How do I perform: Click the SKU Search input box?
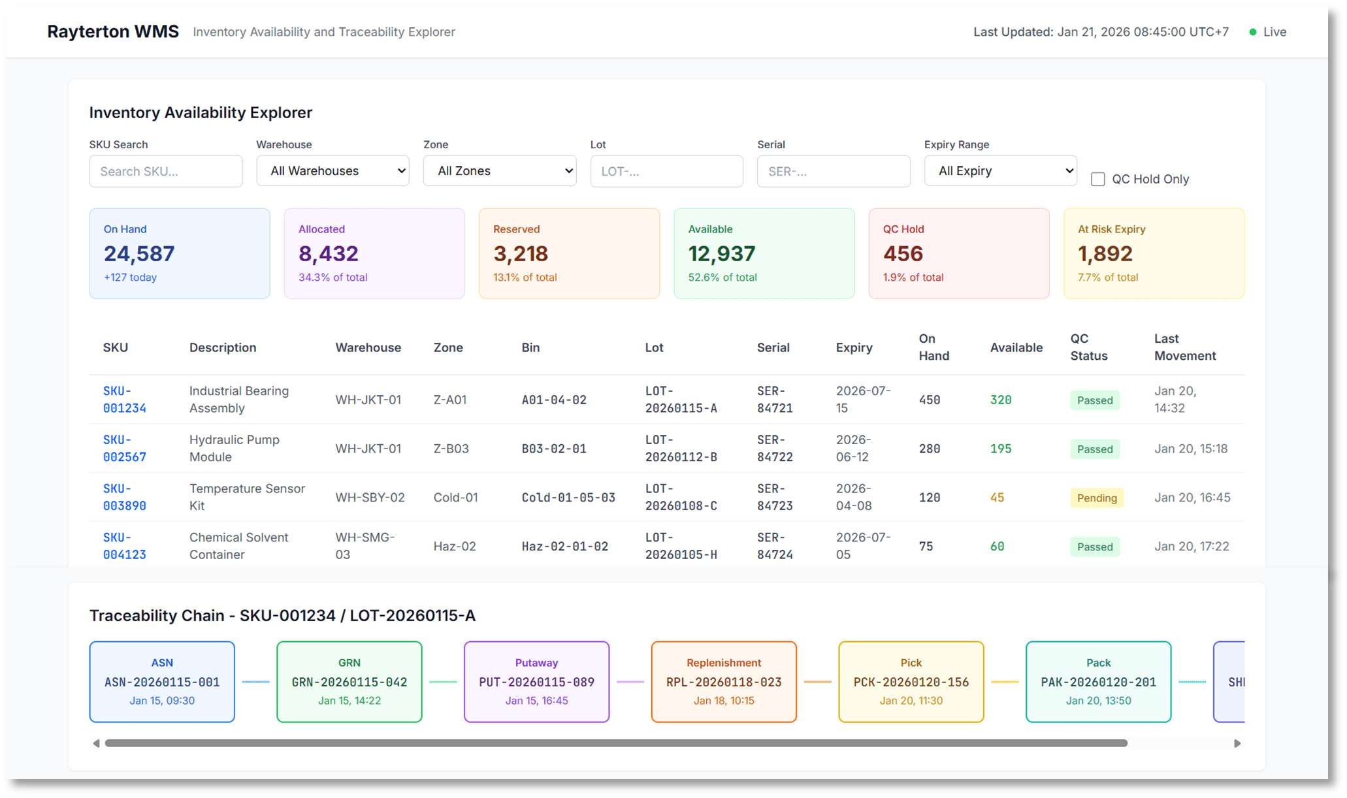click(x=165, y=171)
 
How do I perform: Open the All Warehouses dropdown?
click(x=333, y=170)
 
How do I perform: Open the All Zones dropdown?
click(x=499, y=170)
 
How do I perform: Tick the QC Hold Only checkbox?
click(x=1098, y=179)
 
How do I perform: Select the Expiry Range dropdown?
click(x=1000, y=170)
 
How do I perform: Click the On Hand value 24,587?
click(x=139, y=253)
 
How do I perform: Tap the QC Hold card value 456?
click(x=903, y=253)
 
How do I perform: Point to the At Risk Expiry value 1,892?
click(x=1105, y=253)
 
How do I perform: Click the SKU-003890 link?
click(x=124, y=497)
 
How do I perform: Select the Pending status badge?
click(x=1096, y=498)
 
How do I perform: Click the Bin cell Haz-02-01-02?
click(x=564, y=547)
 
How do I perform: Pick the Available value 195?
click(x=1000, y=449)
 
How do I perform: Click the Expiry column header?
click(x=854, y=347)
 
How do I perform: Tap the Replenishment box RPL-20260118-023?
click(x=724, y=682)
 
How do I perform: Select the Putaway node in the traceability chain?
click(x=536, y=682)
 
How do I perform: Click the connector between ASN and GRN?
click(x=255, y=682)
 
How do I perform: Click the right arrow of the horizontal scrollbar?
click(x=1237, y=743)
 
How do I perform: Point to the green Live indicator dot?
click(x=1252, y=32)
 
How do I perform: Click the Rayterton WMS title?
click(x=113, y=31)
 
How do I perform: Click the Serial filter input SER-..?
click(x=833, y=171)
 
